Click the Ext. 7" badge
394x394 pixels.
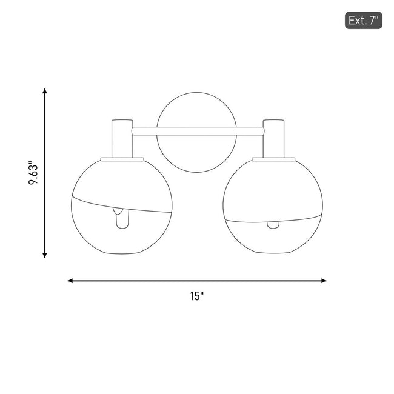click(363, 21)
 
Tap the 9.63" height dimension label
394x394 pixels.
click(33, 173)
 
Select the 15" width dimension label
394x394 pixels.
click(197, 296)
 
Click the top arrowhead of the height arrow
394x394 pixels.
click(45, 91)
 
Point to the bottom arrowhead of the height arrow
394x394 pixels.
click(45, 255)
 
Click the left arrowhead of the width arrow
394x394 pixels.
click(70, 281)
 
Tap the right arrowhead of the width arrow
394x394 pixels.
click(324, 281)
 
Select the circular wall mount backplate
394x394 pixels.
click(196, 93)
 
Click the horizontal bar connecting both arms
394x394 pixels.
click(198, 131)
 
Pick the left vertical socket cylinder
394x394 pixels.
click(122, 139)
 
